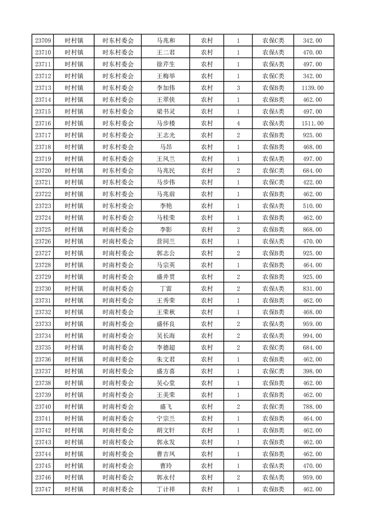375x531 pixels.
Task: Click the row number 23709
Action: coord(43,41)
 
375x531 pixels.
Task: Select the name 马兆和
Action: coord(166,41)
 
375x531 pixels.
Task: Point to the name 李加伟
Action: coord(166,88)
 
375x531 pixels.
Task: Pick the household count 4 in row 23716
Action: coord(238,124)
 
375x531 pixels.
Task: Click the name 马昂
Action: coord(166,147)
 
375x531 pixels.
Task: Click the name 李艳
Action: coord(166,206)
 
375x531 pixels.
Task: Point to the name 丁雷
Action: coord(166,289)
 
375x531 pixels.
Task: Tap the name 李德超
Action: coord(166,347)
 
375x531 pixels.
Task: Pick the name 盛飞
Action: coord(166,407)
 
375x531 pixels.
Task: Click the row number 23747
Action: coord(43,489)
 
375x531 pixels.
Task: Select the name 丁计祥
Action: coord(166,489)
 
